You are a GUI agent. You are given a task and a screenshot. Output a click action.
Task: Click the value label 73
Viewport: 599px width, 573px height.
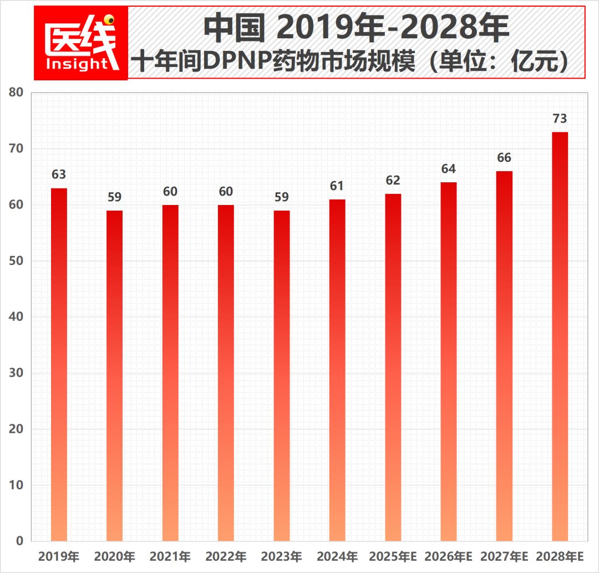(x=560, y=119)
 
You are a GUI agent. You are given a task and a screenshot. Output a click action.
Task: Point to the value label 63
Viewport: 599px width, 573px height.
(x=59, y=175)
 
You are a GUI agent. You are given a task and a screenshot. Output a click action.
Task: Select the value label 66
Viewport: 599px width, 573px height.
(x=504, y=158)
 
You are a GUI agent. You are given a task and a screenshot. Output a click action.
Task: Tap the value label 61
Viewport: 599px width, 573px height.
(x=337, y=186)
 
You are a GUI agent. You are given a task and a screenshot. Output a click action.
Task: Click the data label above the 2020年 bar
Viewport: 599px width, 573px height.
(x=114, y=197)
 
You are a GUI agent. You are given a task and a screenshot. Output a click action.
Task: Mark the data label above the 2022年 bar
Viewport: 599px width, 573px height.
(x=226, y=191)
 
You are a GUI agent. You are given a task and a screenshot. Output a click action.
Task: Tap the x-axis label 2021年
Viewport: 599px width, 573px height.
(x=170, y=556)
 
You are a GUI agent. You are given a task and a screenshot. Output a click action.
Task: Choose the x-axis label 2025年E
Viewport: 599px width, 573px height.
(x=393, y=556)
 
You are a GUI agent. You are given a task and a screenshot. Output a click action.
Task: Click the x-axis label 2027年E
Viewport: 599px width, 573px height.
(x=504, y=556)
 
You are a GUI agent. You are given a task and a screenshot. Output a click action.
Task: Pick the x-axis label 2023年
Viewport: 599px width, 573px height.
(x=281, y=556)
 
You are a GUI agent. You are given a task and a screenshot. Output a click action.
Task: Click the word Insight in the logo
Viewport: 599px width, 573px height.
(x=77, y=64)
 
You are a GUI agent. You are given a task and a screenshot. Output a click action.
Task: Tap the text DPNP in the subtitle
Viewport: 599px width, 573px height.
(x=236, y=62)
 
